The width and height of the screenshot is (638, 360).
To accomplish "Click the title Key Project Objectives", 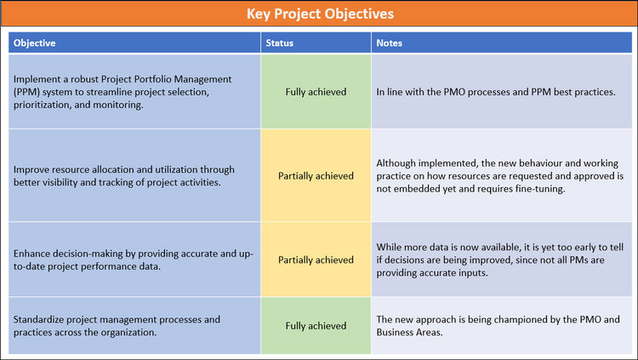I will pyautogui.click(x=319, y=14).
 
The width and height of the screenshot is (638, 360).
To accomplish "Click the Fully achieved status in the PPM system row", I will pyautogui.click(x=316, y=91).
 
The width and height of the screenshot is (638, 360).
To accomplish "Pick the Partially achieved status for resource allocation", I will pyautogui.click(x=316, y=176).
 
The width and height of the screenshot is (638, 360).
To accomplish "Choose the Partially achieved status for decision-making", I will pyautogui.click(x=316, y=260).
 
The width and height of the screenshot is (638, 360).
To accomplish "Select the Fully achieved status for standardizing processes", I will pyautogui.click(x=316, y=325).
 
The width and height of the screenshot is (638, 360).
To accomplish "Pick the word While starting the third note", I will pyautogui.click(x=389, y=246).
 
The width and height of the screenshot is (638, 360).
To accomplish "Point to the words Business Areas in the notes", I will pyautogui.click(x=410, y=333).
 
